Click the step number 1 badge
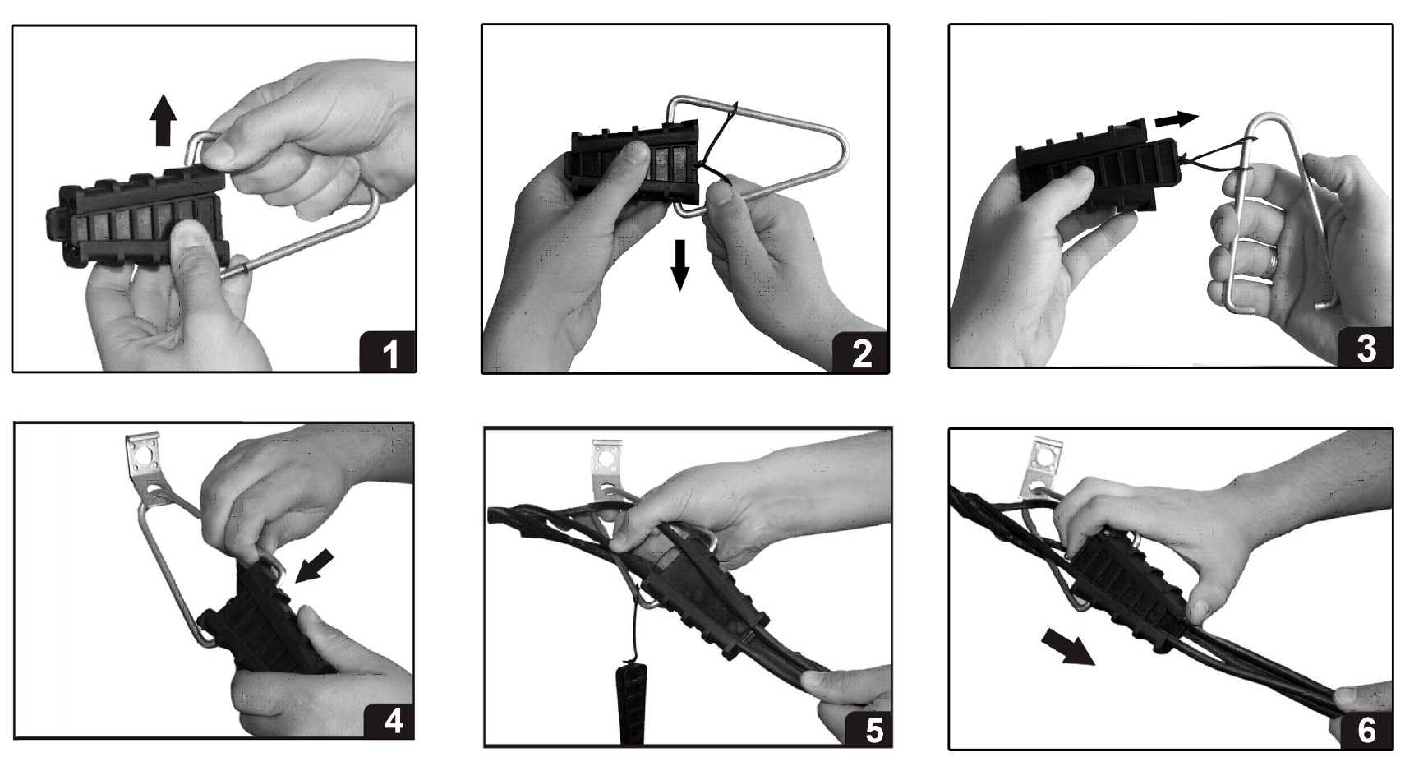point(388,352)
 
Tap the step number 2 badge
point(860,353)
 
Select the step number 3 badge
point(1365,347)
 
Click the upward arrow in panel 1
point(163,121)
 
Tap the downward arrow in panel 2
point(680,265)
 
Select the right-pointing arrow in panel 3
point(1176,118)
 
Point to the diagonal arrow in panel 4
point(314,566)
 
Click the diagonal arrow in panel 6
point(1067,648)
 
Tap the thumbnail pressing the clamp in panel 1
point(190,229)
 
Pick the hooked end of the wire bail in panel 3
point(1326,303)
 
